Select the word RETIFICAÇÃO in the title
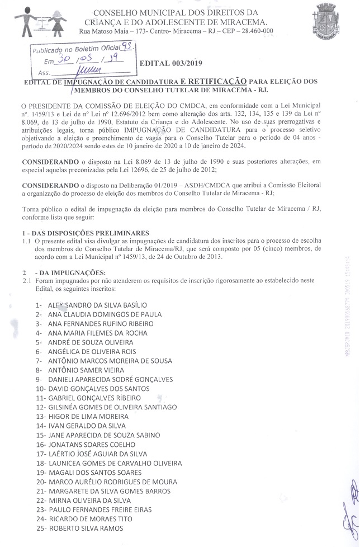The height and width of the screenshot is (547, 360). click(214, 81)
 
